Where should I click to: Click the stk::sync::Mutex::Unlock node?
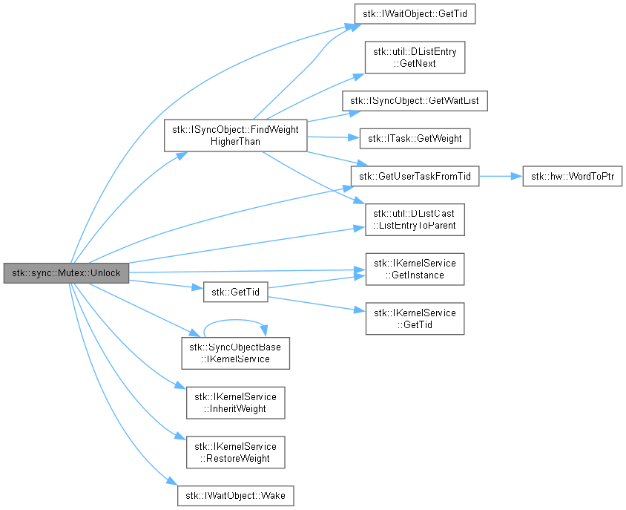(66, 273)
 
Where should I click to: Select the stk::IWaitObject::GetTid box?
(415, 14)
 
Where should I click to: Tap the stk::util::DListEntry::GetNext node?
(415, 57)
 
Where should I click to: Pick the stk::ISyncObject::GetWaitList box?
(415, 101)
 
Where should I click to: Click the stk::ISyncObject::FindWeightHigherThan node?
(236, 136)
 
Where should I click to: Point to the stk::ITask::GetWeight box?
(415, 138)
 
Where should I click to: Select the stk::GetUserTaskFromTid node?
(415, 176)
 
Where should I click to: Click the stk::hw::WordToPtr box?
(573, 176)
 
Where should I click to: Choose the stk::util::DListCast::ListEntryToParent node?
(415, 220)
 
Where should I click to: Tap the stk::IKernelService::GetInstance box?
(415, 269)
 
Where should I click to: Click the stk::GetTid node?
(236, 292)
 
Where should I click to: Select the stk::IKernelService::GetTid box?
(415, 318)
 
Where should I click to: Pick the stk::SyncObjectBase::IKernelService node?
(236, 353)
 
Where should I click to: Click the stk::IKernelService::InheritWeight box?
(236, 403)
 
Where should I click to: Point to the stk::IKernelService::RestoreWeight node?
(236, 452)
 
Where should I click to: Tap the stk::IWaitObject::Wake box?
(236, 496)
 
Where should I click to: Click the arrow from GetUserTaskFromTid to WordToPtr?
(501, 176)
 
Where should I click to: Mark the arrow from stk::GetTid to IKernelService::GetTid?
(312, 304)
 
